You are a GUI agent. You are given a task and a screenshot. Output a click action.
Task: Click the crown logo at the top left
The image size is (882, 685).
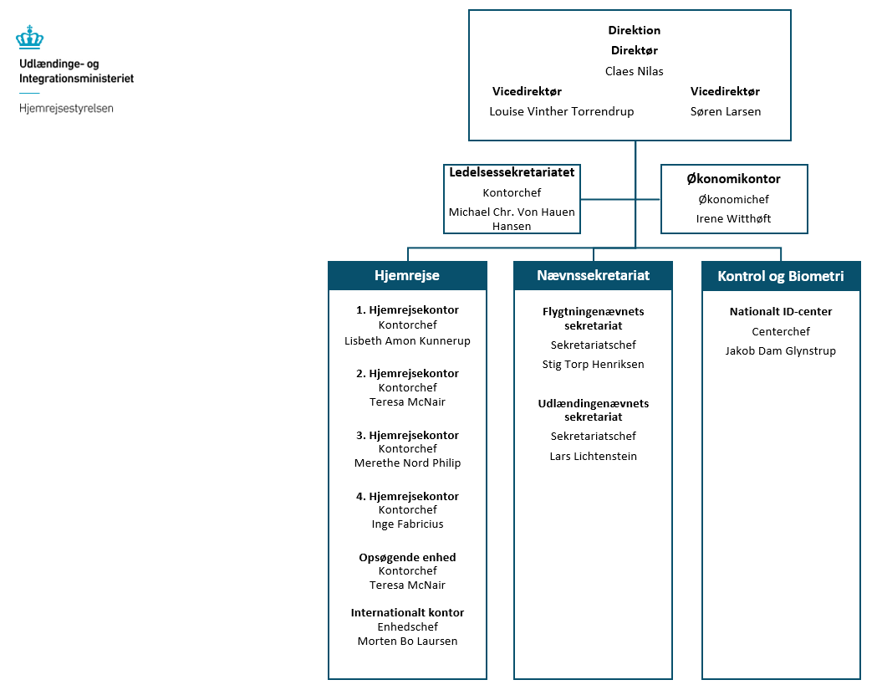tap(30, 38)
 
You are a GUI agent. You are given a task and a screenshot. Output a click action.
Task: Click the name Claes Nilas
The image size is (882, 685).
tap(634, 71)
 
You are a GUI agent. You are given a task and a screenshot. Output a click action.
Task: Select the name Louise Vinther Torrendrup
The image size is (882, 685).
tap(561, 111)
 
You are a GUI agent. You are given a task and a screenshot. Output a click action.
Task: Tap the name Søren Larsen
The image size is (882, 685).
tap(725, 111)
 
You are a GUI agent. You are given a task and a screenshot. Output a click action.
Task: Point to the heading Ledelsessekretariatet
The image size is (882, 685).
tap(512, 172)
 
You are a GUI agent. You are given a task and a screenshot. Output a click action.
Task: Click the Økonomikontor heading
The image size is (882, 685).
tap(733, 178)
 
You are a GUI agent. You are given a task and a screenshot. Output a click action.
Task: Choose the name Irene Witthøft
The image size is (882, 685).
tap(733, 218)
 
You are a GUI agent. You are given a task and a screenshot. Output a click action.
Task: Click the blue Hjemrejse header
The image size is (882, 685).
tap(406, 275)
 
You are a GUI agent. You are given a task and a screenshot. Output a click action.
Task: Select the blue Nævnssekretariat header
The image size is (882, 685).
tap(593, 275)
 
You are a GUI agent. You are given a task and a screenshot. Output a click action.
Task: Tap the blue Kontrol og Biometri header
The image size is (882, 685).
tap(780, 276)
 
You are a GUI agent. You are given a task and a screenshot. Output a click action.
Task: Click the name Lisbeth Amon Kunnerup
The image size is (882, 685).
tap(407, 340)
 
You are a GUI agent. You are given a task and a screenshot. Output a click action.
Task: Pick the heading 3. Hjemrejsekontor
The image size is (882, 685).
tap(407, 435)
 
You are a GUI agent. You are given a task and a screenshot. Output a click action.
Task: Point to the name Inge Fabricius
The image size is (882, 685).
tap(407, 524)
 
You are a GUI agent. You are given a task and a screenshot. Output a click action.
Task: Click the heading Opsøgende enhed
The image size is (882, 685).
tap(407, 557)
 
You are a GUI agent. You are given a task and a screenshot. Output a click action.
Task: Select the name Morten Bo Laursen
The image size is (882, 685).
tap(407, 641)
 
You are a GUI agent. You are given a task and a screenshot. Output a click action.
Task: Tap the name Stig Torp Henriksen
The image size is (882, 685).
tap(593, 364)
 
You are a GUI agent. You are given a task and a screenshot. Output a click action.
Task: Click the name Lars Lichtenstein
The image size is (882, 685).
tap(593, 456)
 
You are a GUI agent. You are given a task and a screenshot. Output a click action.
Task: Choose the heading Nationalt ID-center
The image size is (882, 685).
tap(780, 311)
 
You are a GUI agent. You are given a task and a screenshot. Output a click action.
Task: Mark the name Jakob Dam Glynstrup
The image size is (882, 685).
tap(780, 350)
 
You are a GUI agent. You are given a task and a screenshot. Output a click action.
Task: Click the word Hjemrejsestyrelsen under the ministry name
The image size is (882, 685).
tap(66, 109)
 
